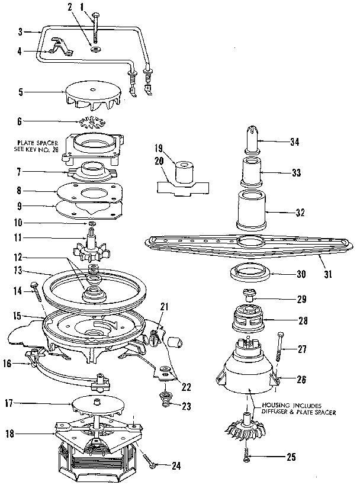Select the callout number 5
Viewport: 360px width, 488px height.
21,92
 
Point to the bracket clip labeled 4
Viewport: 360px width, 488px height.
59,46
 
